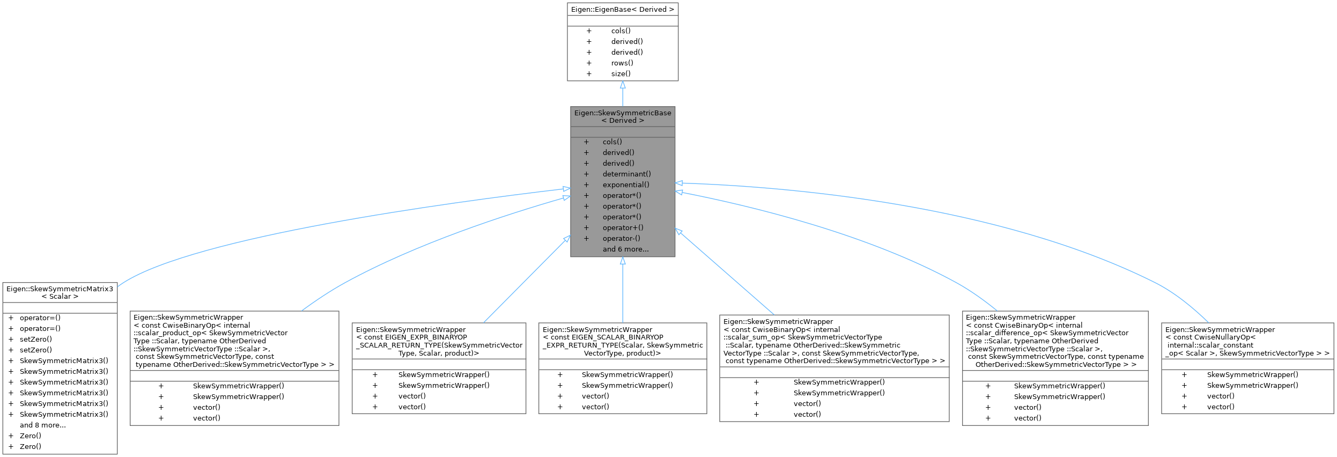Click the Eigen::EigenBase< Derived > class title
pyautogui.click(x=622, y=10)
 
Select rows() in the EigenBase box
pyautogui.click(x=622, y=63)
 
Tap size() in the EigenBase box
pyautogui.click(x=621, y=73)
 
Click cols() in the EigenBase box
pyautogui.click(x=621, y=31)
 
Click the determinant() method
pyautogui.click(x=626, y=174)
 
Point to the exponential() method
pyautogui.click(x=626, y=185)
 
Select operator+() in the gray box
pyautogui.click(x=623, y=227)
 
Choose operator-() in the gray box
pyautogui.click(x=621, y=238)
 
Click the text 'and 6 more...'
pyautogui.click(x=625, y=249)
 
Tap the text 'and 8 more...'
pyautogui.click(x=43, y=425)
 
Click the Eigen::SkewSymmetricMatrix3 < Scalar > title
pyautogui.click(x=60, y=292)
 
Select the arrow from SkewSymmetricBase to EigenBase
pyautogui.click(x=622, y=94)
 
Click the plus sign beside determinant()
pyautogui.click(x=586, y=174)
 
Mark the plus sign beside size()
pyautogui.click(x=589, y=73)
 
